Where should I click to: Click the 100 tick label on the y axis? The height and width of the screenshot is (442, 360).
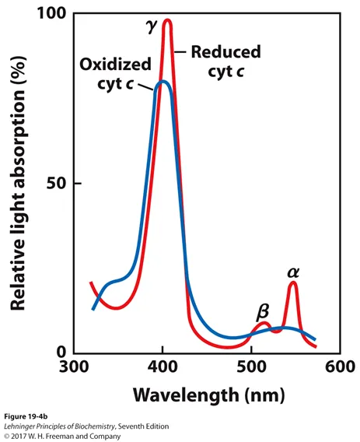point(52,13)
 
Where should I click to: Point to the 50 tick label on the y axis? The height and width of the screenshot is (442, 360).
point(56,184)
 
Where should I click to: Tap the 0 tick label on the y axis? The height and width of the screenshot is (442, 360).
point(61,352)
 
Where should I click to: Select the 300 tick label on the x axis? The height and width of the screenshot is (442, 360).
point(74,367)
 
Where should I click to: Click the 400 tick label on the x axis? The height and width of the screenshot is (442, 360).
point(163,367)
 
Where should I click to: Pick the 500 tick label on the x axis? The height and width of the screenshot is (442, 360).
point(251,367)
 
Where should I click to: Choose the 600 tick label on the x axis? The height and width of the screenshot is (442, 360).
point(340,367)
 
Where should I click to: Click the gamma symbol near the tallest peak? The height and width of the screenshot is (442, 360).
point(151,26)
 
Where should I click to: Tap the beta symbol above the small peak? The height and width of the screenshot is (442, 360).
point(263,312)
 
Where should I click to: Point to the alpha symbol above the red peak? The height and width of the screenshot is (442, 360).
point(293,272)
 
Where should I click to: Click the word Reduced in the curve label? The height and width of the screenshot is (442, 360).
point(226,52)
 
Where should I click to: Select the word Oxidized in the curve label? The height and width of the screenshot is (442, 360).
point(116,64)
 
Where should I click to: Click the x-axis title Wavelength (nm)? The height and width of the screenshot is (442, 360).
point(208,395)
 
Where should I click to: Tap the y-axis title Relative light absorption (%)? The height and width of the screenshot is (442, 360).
point(19,183)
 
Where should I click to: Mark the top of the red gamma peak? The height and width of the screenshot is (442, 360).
point(168,20)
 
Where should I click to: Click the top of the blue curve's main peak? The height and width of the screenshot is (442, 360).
point(163,82)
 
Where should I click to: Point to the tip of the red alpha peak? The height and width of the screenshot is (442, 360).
point(293,282)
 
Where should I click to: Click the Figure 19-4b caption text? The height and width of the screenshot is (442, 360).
point(26,416)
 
